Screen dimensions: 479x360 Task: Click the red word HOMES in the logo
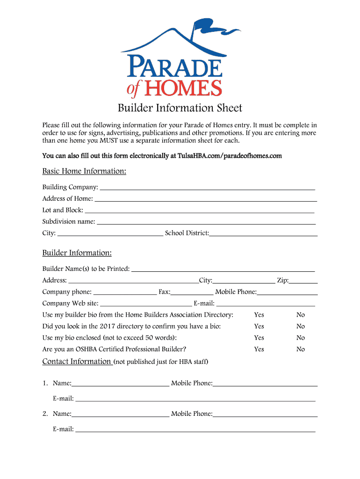click(182, 87)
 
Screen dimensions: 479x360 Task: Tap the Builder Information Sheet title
click(180, 109)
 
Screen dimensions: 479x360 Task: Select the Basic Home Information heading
click(84, 171)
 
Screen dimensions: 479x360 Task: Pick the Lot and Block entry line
click(199, 210)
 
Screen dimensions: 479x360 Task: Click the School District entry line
click(263, 233)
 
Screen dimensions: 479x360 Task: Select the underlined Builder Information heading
click(77, 253)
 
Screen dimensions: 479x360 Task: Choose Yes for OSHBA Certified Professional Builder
click(259, 349)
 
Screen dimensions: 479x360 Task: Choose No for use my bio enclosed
click(301, 338)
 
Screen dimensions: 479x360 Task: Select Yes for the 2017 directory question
click(259, 327)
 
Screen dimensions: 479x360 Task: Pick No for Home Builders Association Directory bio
click(301, 315)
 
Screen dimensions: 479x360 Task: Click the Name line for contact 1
click(120, 384)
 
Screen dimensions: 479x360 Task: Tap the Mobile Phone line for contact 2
click(265, 414)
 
